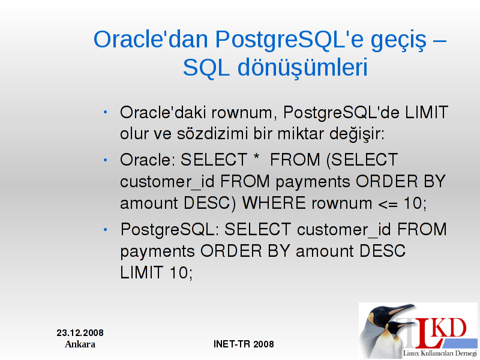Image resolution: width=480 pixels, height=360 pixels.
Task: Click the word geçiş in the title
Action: point(398,41)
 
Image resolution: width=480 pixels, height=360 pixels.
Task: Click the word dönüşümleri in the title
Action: point(302,68)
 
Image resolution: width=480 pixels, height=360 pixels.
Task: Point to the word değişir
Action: point(356,134)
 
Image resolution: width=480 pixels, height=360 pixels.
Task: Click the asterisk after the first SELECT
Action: point(257,157)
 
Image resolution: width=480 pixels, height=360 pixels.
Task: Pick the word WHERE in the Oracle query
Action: point(274,203)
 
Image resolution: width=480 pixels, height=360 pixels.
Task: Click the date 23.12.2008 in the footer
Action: point(80,333)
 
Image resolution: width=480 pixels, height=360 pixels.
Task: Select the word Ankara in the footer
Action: point(80,344)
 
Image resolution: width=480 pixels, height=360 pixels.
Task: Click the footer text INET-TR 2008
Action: point(244,344)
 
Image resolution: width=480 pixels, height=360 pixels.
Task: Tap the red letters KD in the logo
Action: point(450,328)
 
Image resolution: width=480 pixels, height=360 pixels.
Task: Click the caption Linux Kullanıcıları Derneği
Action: point(440,353)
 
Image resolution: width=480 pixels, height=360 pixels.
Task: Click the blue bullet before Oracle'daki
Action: point(106,112)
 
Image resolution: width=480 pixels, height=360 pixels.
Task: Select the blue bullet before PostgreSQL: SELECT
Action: point(106,229)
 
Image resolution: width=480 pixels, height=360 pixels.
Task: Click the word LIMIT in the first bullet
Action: point(427,112)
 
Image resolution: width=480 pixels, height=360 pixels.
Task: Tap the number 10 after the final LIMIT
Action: point(178,272)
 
